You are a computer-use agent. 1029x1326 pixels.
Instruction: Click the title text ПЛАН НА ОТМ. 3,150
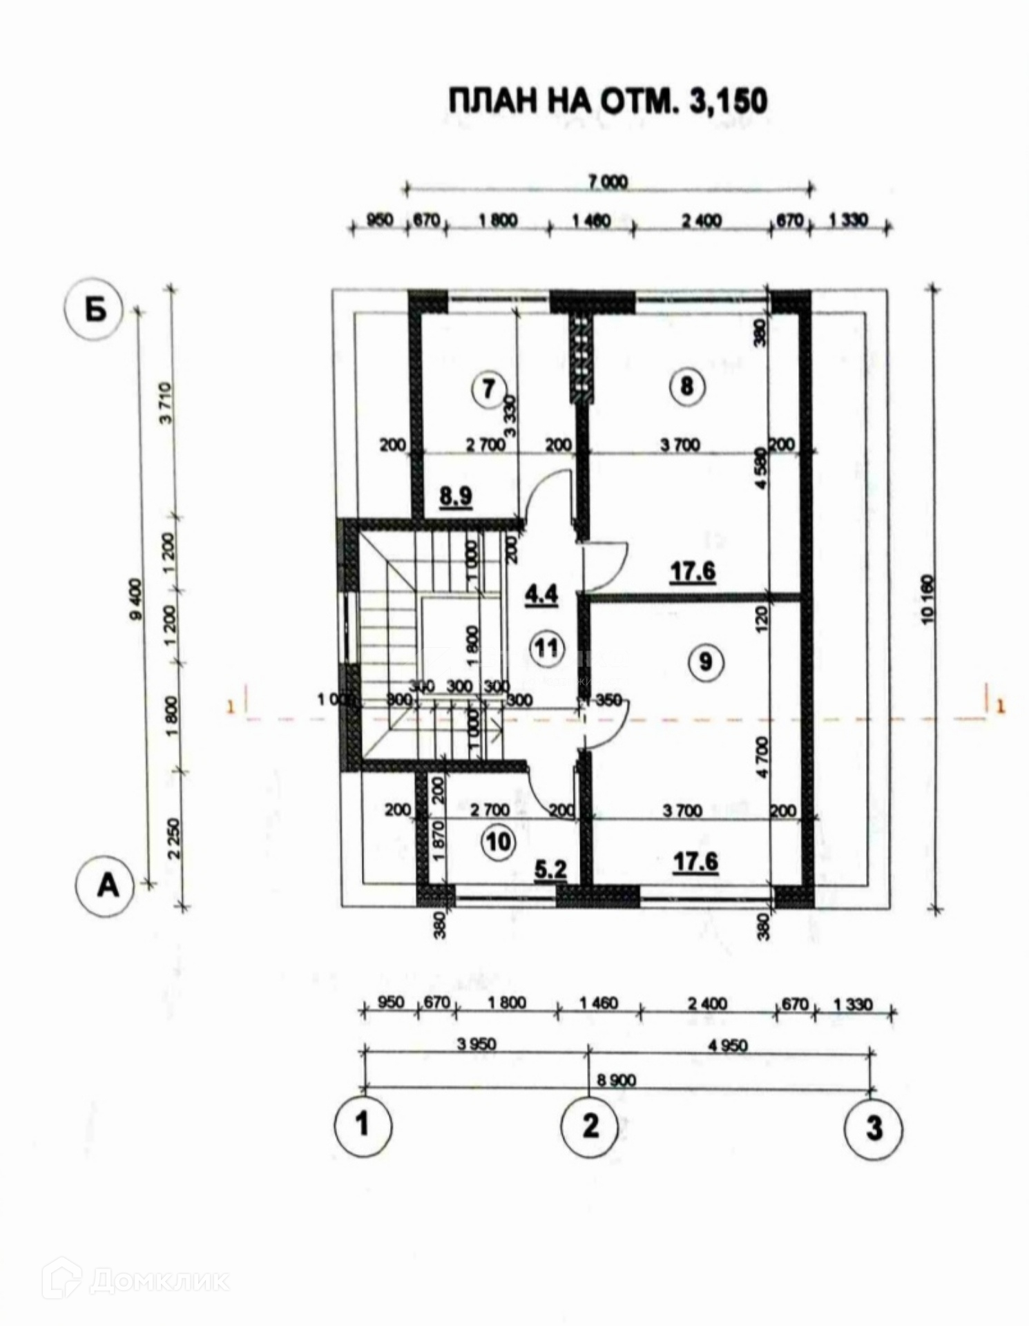pyautogui.click(x=608, y=101)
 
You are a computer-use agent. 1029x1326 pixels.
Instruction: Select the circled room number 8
pyautogui.click(x=686, y=385)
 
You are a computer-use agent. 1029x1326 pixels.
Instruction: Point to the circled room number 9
pyautogui.click(x=705, y=662)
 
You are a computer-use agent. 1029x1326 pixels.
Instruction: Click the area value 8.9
pyautogui.click(x=456, y=496)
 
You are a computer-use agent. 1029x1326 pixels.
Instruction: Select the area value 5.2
pyautogui.click(x=551, y=869)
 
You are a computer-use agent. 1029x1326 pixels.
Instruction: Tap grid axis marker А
pyautogui.click(x=107, y=886)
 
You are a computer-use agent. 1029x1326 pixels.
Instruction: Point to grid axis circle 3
pyautogui.click(x=874, y=1128)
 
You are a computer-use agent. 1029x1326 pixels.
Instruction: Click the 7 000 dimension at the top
pyautogui.click(x=608, y=182)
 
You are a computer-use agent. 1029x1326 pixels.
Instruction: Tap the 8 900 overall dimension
pyautogui.click(x=616, y=1079)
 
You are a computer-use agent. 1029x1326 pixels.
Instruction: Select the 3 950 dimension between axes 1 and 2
pyautogui.click(x=477, y=1044)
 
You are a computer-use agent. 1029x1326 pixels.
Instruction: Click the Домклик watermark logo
pyautogui.click(x=135, y=1280)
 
